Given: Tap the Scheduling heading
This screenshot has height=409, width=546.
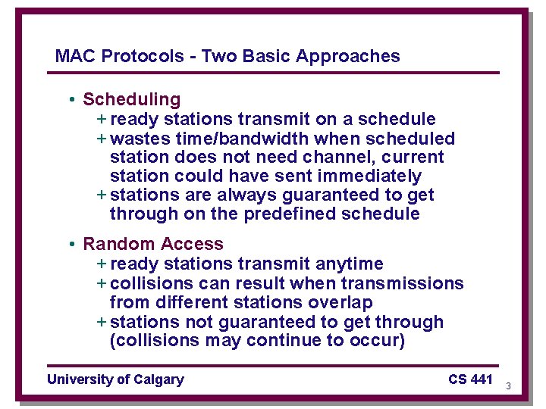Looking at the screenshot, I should (x=132, y=99).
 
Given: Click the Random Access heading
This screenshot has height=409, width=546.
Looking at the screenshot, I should (x=153, y=244).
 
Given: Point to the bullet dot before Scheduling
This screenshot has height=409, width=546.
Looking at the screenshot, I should (x=70, y=100).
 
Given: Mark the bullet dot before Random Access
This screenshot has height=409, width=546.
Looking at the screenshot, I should (x=70, y=245).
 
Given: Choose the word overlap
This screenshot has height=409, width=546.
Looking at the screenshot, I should (x=340, y=302).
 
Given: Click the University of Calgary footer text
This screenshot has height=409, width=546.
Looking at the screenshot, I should (x=115, y=379).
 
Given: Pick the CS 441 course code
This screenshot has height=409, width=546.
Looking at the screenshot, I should (x=470, y=379).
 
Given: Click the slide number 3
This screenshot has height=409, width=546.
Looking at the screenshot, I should (x=508, y=386).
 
